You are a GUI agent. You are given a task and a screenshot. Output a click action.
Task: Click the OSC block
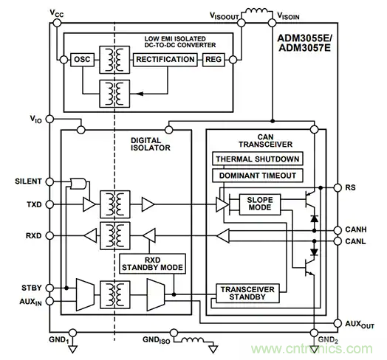pyautogui.click(x=82, y=60)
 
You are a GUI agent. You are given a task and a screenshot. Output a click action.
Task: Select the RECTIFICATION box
pyautogui.click(x=165, y=60)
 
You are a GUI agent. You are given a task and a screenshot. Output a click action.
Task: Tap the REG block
pyautogui.click(x=213, y=60)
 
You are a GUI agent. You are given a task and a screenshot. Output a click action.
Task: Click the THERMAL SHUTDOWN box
pyautogui.click(x=258, y=159)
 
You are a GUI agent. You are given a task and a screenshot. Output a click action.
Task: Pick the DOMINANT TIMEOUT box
pyautogui.click(x=258, y=176)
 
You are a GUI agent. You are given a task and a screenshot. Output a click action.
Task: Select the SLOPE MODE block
pyautogui.click(x=260, y=204)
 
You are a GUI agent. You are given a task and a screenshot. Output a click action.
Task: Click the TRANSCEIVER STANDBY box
pyautogui.click(x=247, y=293)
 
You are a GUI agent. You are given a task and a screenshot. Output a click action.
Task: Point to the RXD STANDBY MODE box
pyautogui.click(x=153, y=263)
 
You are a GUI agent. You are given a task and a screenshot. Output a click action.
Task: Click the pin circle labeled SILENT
pyautogui.click(x=50, y=181)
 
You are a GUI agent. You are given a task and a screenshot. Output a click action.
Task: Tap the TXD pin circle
pyautogui.click(x=50, y=204)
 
